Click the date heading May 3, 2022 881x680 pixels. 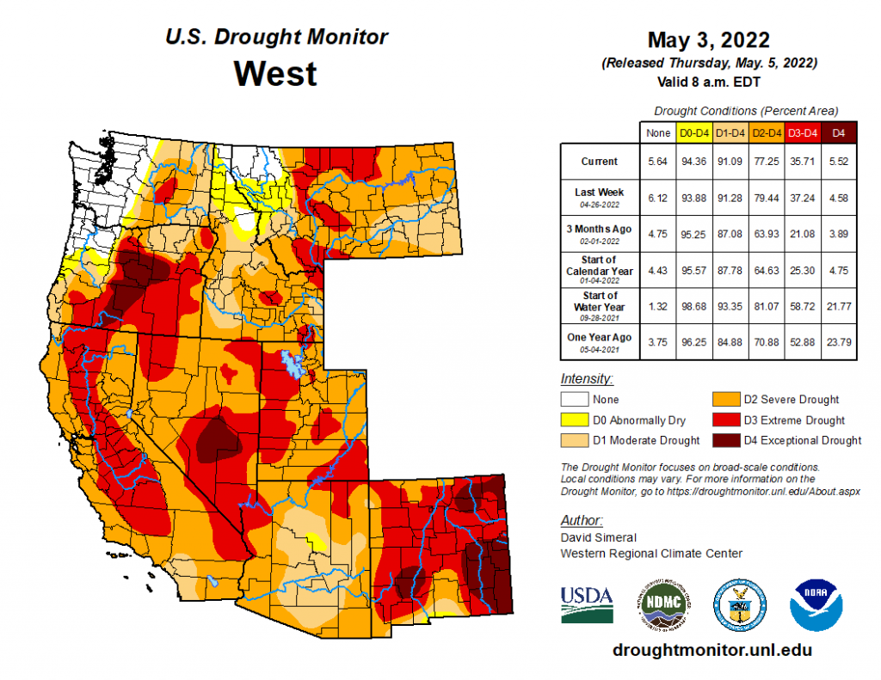coord(708,40)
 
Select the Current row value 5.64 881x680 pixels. coord(657,161)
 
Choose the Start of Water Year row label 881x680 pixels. coord(599,302)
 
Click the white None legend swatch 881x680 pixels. coord(575,400)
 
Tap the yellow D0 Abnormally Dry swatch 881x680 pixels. coord(575,420)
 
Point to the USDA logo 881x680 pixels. coord(587,603)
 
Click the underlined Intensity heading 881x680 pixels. coord(587,378)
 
